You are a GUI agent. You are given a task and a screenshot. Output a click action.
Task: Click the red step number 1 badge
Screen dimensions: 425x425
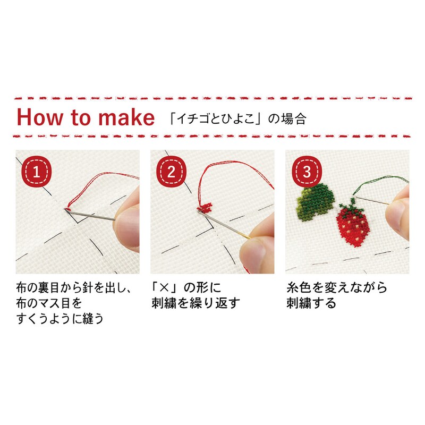point(36,171)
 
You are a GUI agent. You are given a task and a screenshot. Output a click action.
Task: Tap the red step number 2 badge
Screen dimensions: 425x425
point(172,171)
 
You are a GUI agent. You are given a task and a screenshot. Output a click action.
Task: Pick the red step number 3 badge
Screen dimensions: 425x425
point(307,171)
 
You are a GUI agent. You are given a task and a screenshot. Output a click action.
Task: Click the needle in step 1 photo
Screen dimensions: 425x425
point(90,214)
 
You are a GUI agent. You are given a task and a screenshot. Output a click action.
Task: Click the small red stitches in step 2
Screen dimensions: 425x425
point(205,207)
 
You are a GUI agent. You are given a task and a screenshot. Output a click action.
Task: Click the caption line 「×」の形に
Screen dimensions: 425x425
point(186,287)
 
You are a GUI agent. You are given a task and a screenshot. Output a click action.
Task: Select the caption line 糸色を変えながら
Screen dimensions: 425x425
point(337,287)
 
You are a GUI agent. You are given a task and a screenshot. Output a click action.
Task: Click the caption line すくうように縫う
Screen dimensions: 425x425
point(60,318)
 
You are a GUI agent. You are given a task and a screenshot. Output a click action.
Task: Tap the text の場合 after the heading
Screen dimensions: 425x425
point(287,119)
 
